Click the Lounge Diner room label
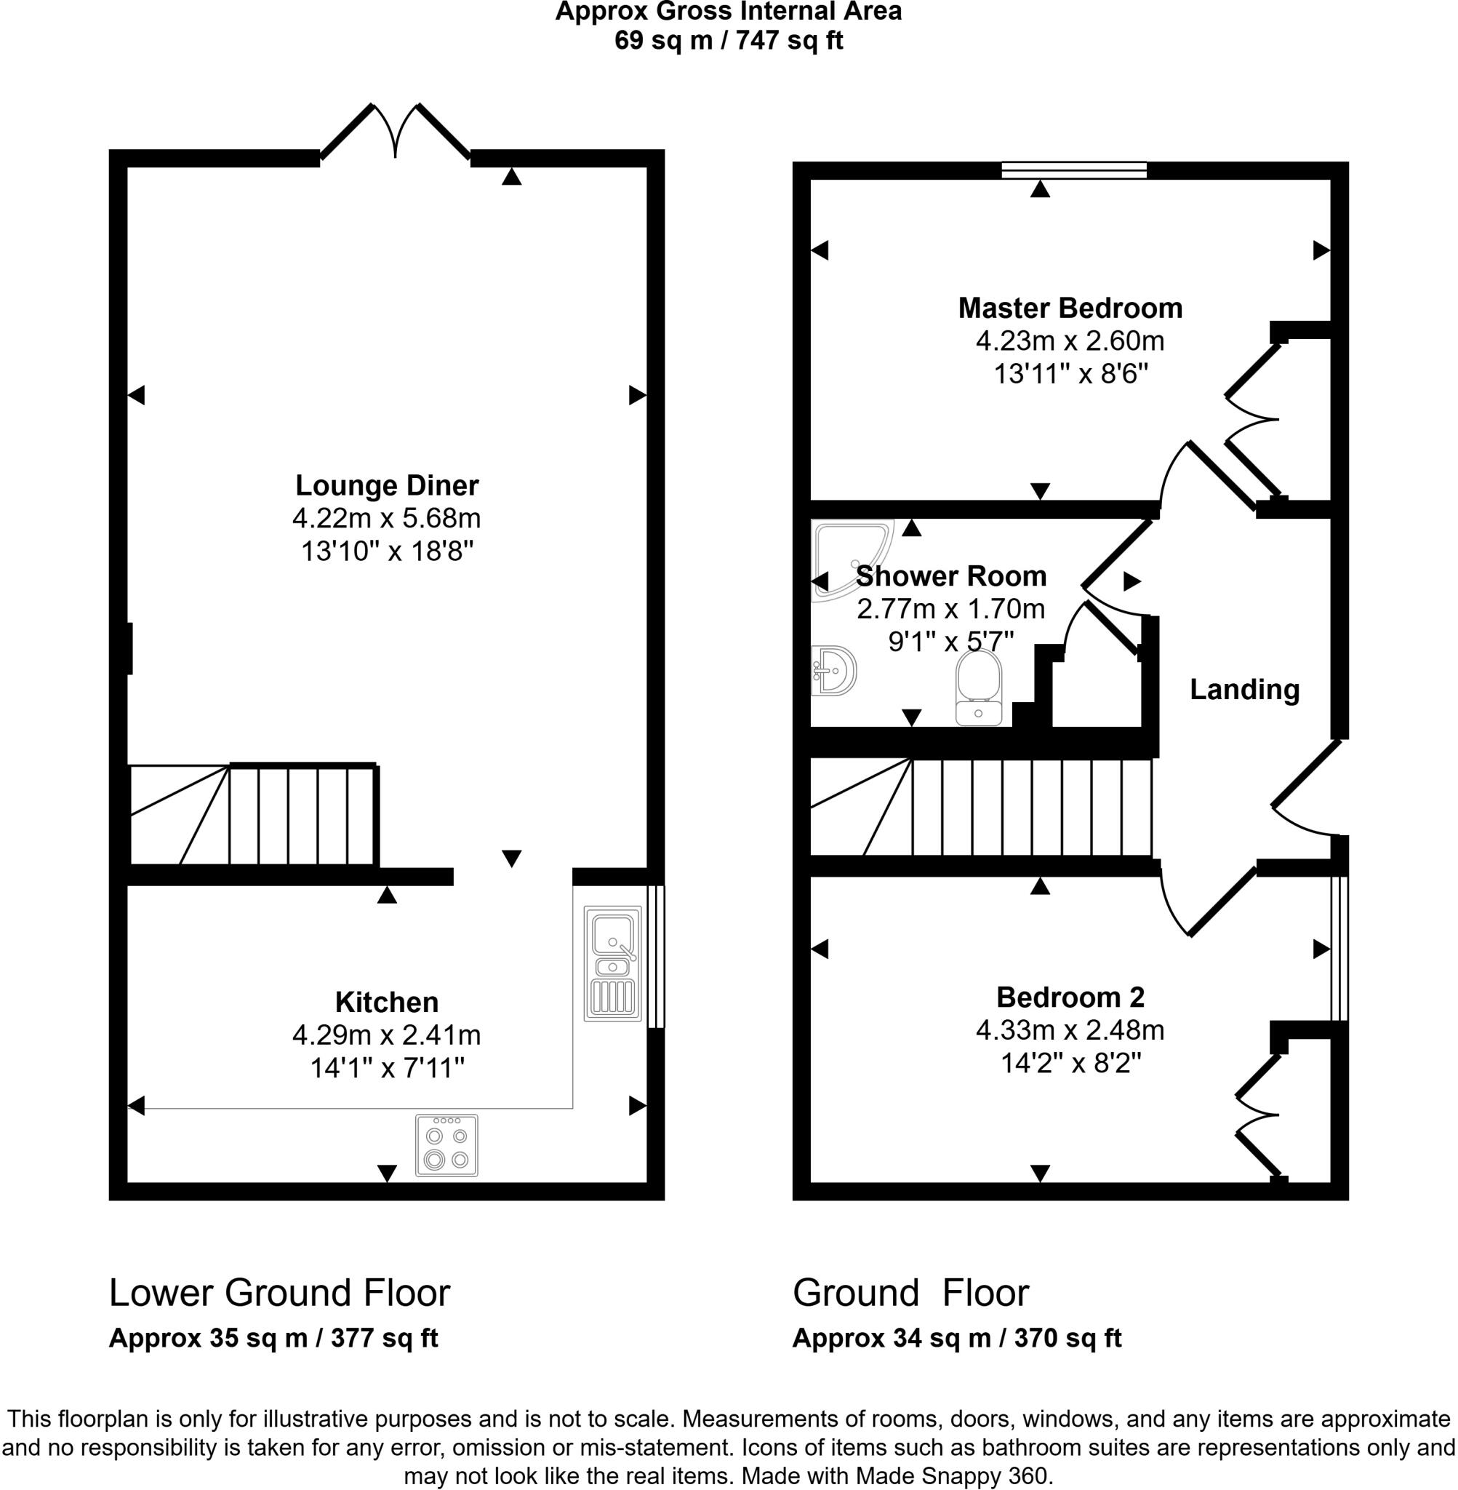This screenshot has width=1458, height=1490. (x=387, y=486)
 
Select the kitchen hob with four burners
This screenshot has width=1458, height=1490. (x=446, y=1145)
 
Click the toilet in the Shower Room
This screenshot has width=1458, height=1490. (x=979, y=688)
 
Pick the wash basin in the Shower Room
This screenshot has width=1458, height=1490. (x=834, y=670)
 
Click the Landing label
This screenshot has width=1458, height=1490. (x=1244, y=690)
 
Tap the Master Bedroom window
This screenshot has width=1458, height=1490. (x=1073, y=170)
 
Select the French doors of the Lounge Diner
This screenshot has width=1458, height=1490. (x=395, y=134)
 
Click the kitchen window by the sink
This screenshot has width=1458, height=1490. (x=656, y=956)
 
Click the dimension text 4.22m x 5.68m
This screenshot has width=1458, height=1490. (x=387, y=519)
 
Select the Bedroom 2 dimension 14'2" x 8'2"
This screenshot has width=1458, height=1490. (x=1070, y=1064)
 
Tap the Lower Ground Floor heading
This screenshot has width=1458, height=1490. (x=279, y=1293)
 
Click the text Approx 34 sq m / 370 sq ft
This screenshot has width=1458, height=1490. (x=956, y=1339)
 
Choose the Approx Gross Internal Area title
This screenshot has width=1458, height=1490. (x=728, y=12)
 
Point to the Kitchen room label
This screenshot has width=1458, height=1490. (x=387, y=1002)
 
